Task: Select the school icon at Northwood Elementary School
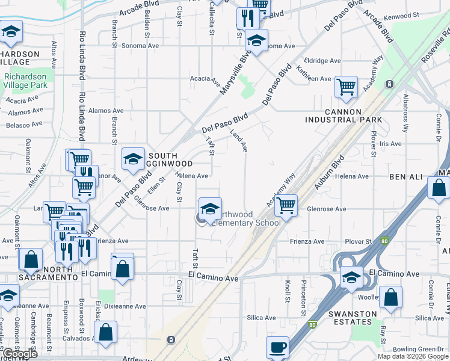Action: point(210,209)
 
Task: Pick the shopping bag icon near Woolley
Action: point(390,298)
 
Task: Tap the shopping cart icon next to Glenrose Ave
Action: point(286,206)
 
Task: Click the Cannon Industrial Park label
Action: point(351,116)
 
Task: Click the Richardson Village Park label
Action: point(25,81)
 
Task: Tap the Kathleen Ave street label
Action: point(317,79)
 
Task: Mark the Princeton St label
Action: point(304,291)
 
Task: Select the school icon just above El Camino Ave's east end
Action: point(349,277)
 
